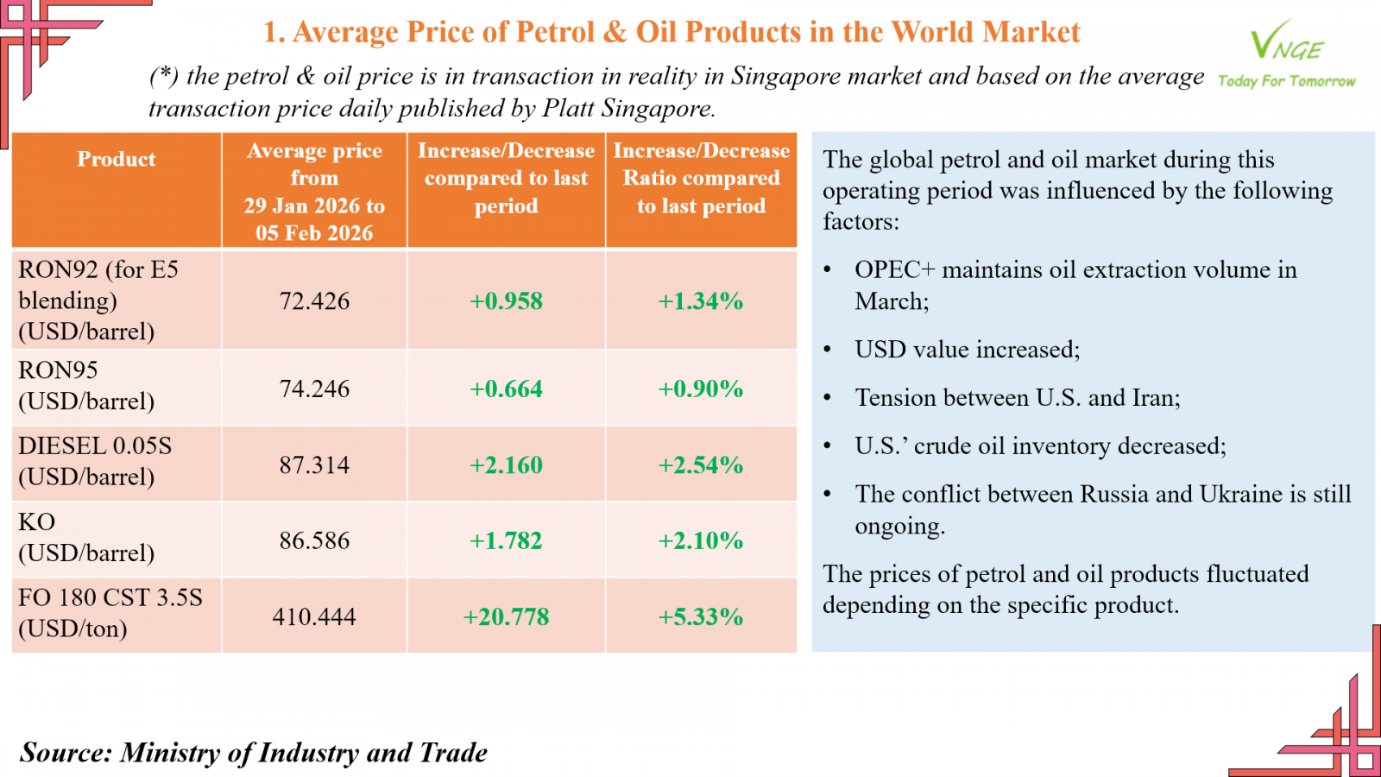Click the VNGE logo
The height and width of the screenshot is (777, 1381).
pos(1286,41)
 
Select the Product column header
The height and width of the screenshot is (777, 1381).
pos(117,160)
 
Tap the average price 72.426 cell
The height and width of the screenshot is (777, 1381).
pos(314,301)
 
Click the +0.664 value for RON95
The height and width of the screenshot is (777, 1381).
pos(506,389)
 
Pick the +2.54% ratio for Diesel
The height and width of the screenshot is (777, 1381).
pos(700,465)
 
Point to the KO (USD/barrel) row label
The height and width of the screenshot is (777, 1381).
pos(86,537)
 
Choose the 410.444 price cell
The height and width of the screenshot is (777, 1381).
pos(314,617)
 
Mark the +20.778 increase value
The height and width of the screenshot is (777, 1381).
pos(506,617)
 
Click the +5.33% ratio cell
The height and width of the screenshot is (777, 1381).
pos(700,617)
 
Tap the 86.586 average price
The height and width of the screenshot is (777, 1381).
pos(314,541)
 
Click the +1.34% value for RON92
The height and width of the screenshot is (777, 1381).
pos(700,301)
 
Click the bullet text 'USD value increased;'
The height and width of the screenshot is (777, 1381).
pos(967,350)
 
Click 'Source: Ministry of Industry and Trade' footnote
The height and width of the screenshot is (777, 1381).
pos(254,753)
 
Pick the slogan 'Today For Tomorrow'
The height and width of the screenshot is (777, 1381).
pos(1286,81)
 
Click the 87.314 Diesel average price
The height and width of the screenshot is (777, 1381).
pos(314,465)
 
